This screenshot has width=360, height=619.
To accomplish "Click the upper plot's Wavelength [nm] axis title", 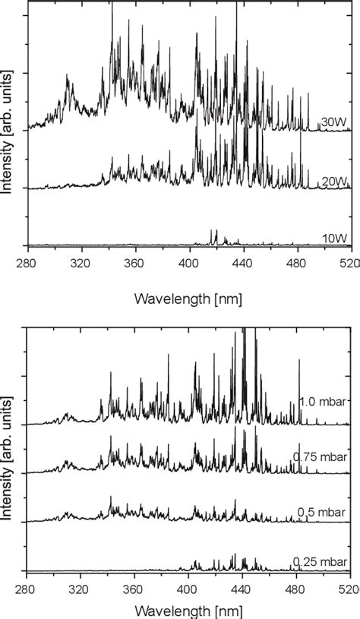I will [x=188, y=298].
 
